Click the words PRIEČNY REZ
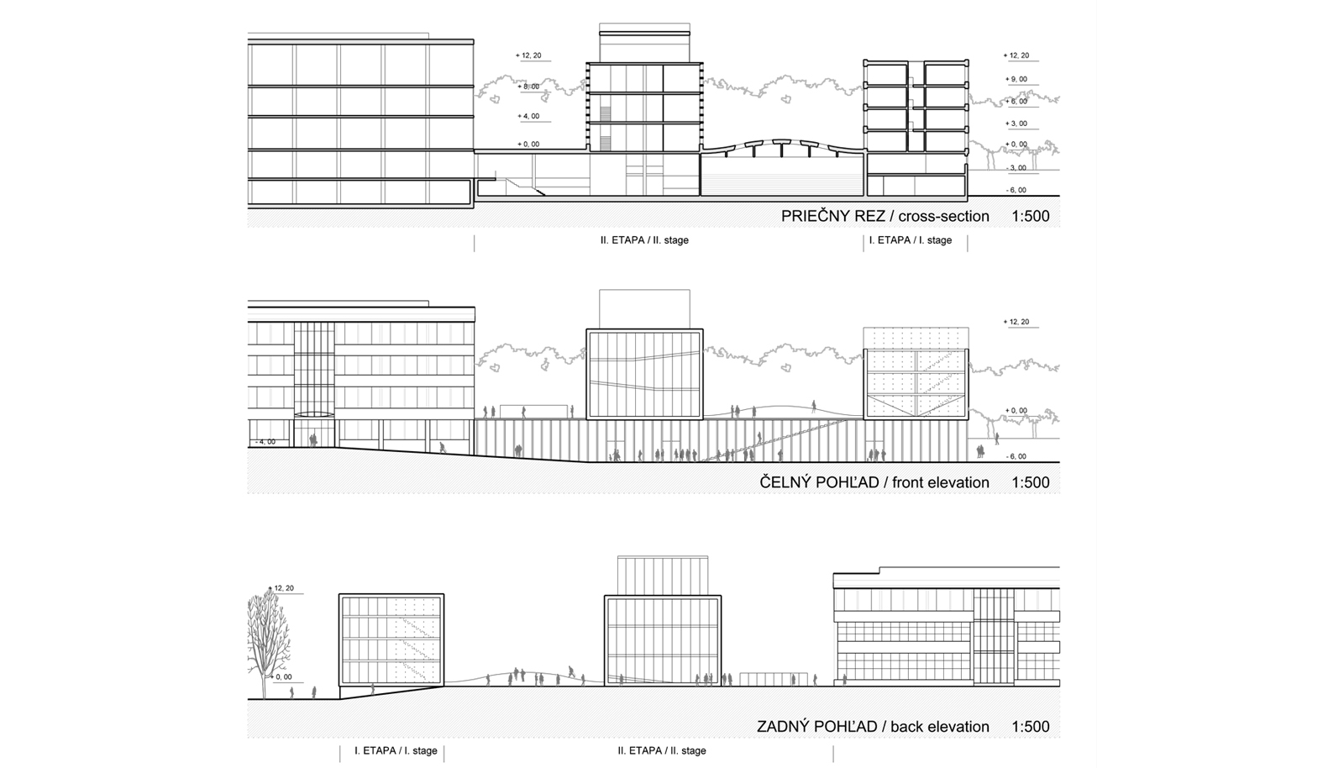[x=832, y=216]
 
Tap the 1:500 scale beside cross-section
[x=1031, y=216]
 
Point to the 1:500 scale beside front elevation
[x=1031, y=482]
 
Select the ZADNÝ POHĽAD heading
[x=817, y=727]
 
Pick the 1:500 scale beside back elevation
[x=1031, y=727]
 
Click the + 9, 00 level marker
[x=1016, y=79]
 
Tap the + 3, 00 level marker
[x=1016, y=124]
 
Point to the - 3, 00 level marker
[x=1016, y=168]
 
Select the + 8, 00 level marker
[x=528, y=87]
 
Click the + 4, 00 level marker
[x=528, y=116]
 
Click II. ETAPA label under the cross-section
[x=644, y=240]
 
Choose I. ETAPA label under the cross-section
[x=911, y=240]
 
